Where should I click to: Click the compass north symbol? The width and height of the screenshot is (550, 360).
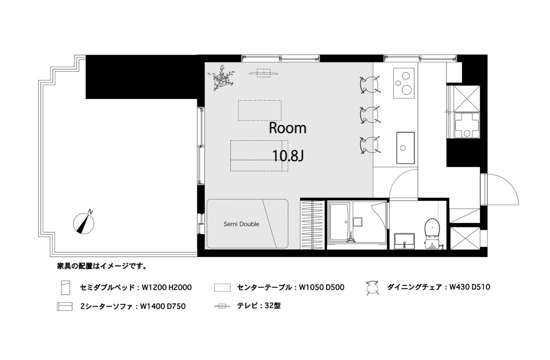84,223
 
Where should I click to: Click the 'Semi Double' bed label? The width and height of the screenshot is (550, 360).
241,224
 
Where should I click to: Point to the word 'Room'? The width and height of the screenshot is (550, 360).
287,128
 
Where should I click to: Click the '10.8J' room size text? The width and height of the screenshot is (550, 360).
288,156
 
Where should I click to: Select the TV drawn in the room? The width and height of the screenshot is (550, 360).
263,73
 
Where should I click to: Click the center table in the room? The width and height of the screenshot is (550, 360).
260,110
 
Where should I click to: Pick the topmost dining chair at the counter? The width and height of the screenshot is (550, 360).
370,85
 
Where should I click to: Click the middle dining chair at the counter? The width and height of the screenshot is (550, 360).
370,115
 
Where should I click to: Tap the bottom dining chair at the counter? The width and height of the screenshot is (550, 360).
370,145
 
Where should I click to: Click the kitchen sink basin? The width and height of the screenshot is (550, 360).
405,148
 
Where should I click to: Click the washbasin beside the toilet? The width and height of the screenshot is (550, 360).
404,241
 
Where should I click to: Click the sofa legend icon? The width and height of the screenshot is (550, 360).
65,307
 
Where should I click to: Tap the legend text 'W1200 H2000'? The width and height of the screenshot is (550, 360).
167,287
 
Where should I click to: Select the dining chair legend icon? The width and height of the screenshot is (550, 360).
372,288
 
